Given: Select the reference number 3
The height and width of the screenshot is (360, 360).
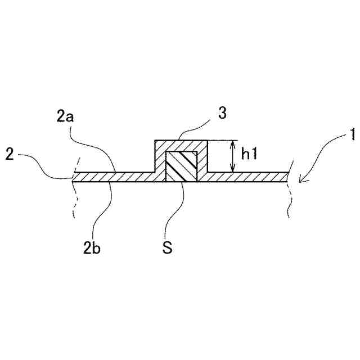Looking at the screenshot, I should [x=222, y=113].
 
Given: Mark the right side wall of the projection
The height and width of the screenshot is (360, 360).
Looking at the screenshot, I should [x=203, y=160].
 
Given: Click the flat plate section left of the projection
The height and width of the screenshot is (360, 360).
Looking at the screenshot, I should [x=112, y=177].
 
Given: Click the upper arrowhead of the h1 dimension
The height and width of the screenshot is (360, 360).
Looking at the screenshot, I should [x=231, y=143].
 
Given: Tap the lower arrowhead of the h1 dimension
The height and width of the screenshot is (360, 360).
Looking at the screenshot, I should [x=231, y=169].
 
